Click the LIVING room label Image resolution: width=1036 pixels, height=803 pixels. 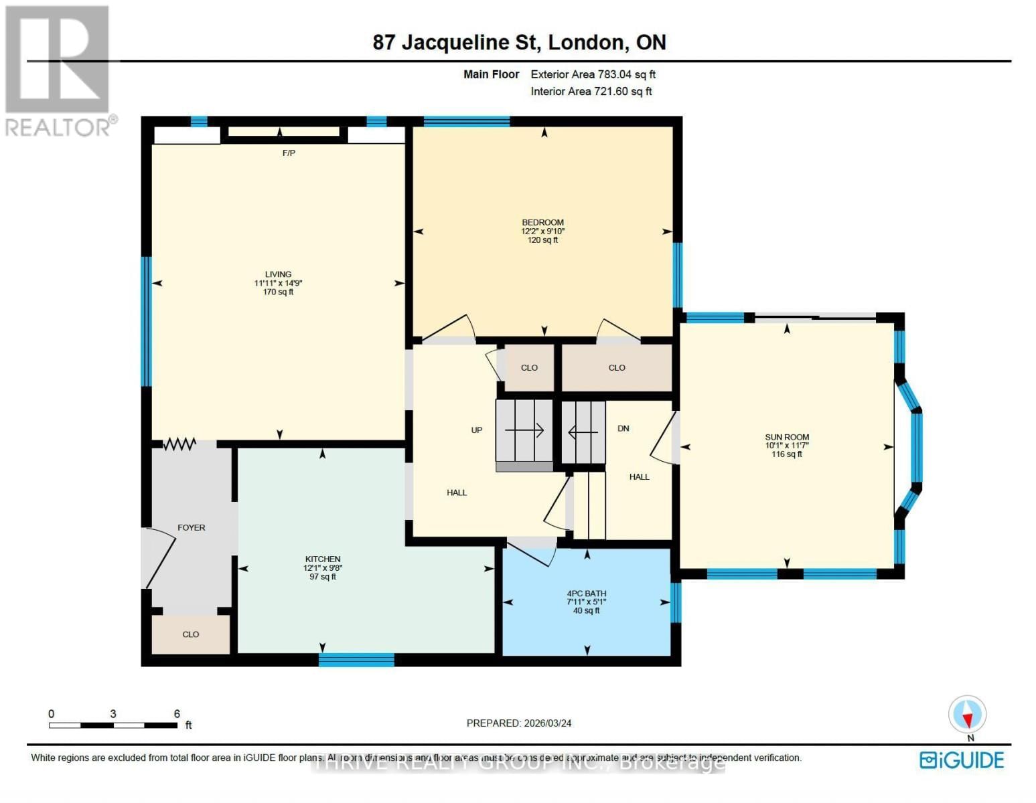[278, 274]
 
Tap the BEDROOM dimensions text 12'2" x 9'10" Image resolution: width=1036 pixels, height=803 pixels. [542, 231]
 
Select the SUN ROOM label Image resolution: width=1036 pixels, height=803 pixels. [787, 437]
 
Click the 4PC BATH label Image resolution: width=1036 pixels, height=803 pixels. [586, 593]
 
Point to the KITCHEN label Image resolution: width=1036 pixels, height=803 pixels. [323, 559]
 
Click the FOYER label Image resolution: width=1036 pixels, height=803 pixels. [191, 527]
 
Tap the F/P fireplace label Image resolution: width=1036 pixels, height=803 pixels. [289, 153]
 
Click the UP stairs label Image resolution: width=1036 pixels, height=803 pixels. [476, 430]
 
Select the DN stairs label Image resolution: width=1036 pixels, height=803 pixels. [623, 428]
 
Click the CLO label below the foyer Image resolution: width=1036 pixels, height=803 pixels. [190, 634]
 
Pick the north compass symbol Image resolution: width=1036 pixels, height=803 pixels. [967, 715]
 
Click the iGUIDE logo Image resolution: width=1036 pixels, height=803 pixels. [962, 760]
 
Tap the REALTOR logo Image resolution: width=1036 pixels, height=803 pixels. [58, 70]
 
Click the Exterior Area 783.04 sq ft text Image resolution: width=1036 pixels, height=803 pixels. [593, 74]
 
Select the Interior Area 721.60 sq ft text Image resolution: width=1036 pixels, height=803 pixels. [591, 91]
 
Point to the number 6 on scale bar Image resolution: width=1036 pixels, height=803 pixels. [177, 713]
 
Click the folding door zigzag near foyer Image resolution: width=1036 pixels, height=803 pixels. [179, 443]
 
